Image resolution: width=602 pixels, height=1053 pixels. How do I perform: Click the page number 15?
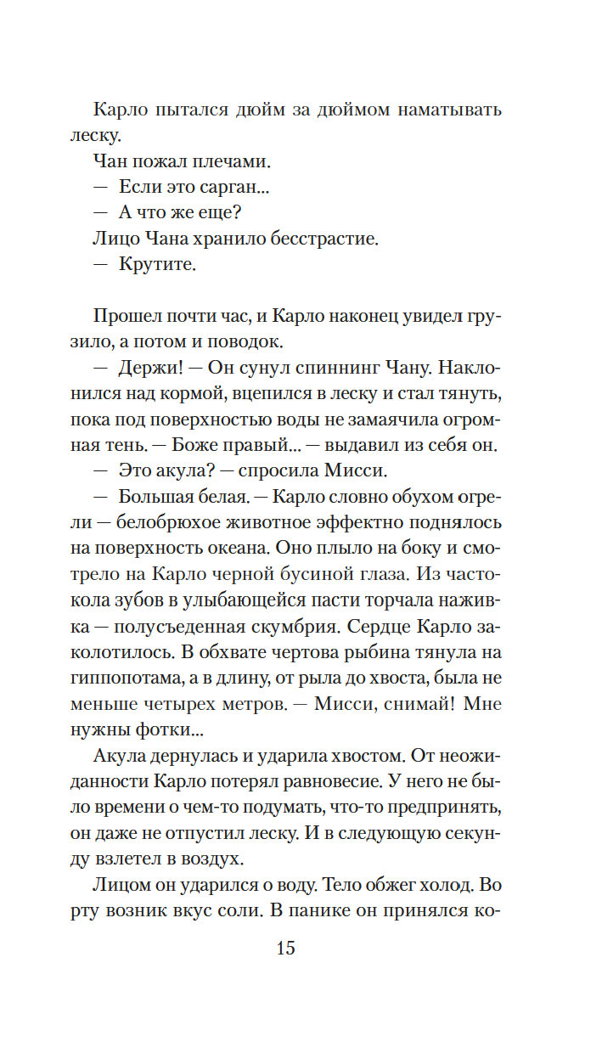(x=285, y=948)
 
